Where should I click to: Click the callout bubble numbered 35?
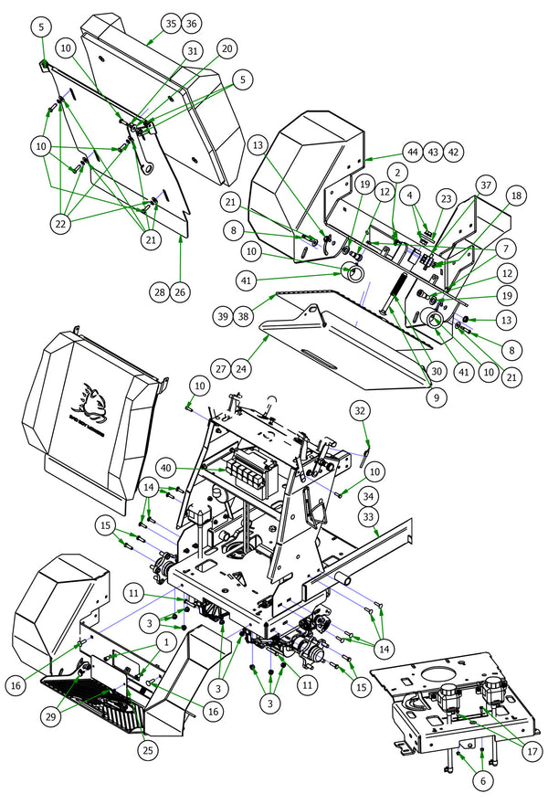pos(170,22)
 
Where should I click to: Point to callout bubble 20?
pos(227,48)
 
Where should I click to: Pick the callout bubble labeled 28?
pos(159,291)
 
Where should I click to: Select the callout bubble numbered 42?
pos(454,152)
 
